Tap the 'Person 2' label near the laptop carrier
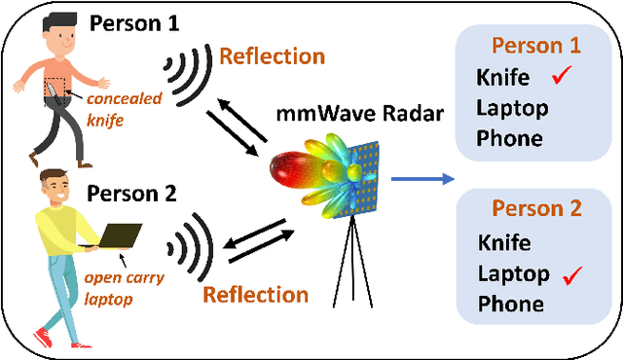click(132, 193)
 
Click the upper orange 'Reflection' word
click(273, 54)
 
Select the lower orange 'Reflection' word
click(255, 294)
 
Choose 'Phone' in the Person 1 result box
click(509, 137)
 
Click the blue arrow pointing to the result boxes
click(422, 178)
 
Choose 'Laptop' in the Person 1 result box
click(512, 107)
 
